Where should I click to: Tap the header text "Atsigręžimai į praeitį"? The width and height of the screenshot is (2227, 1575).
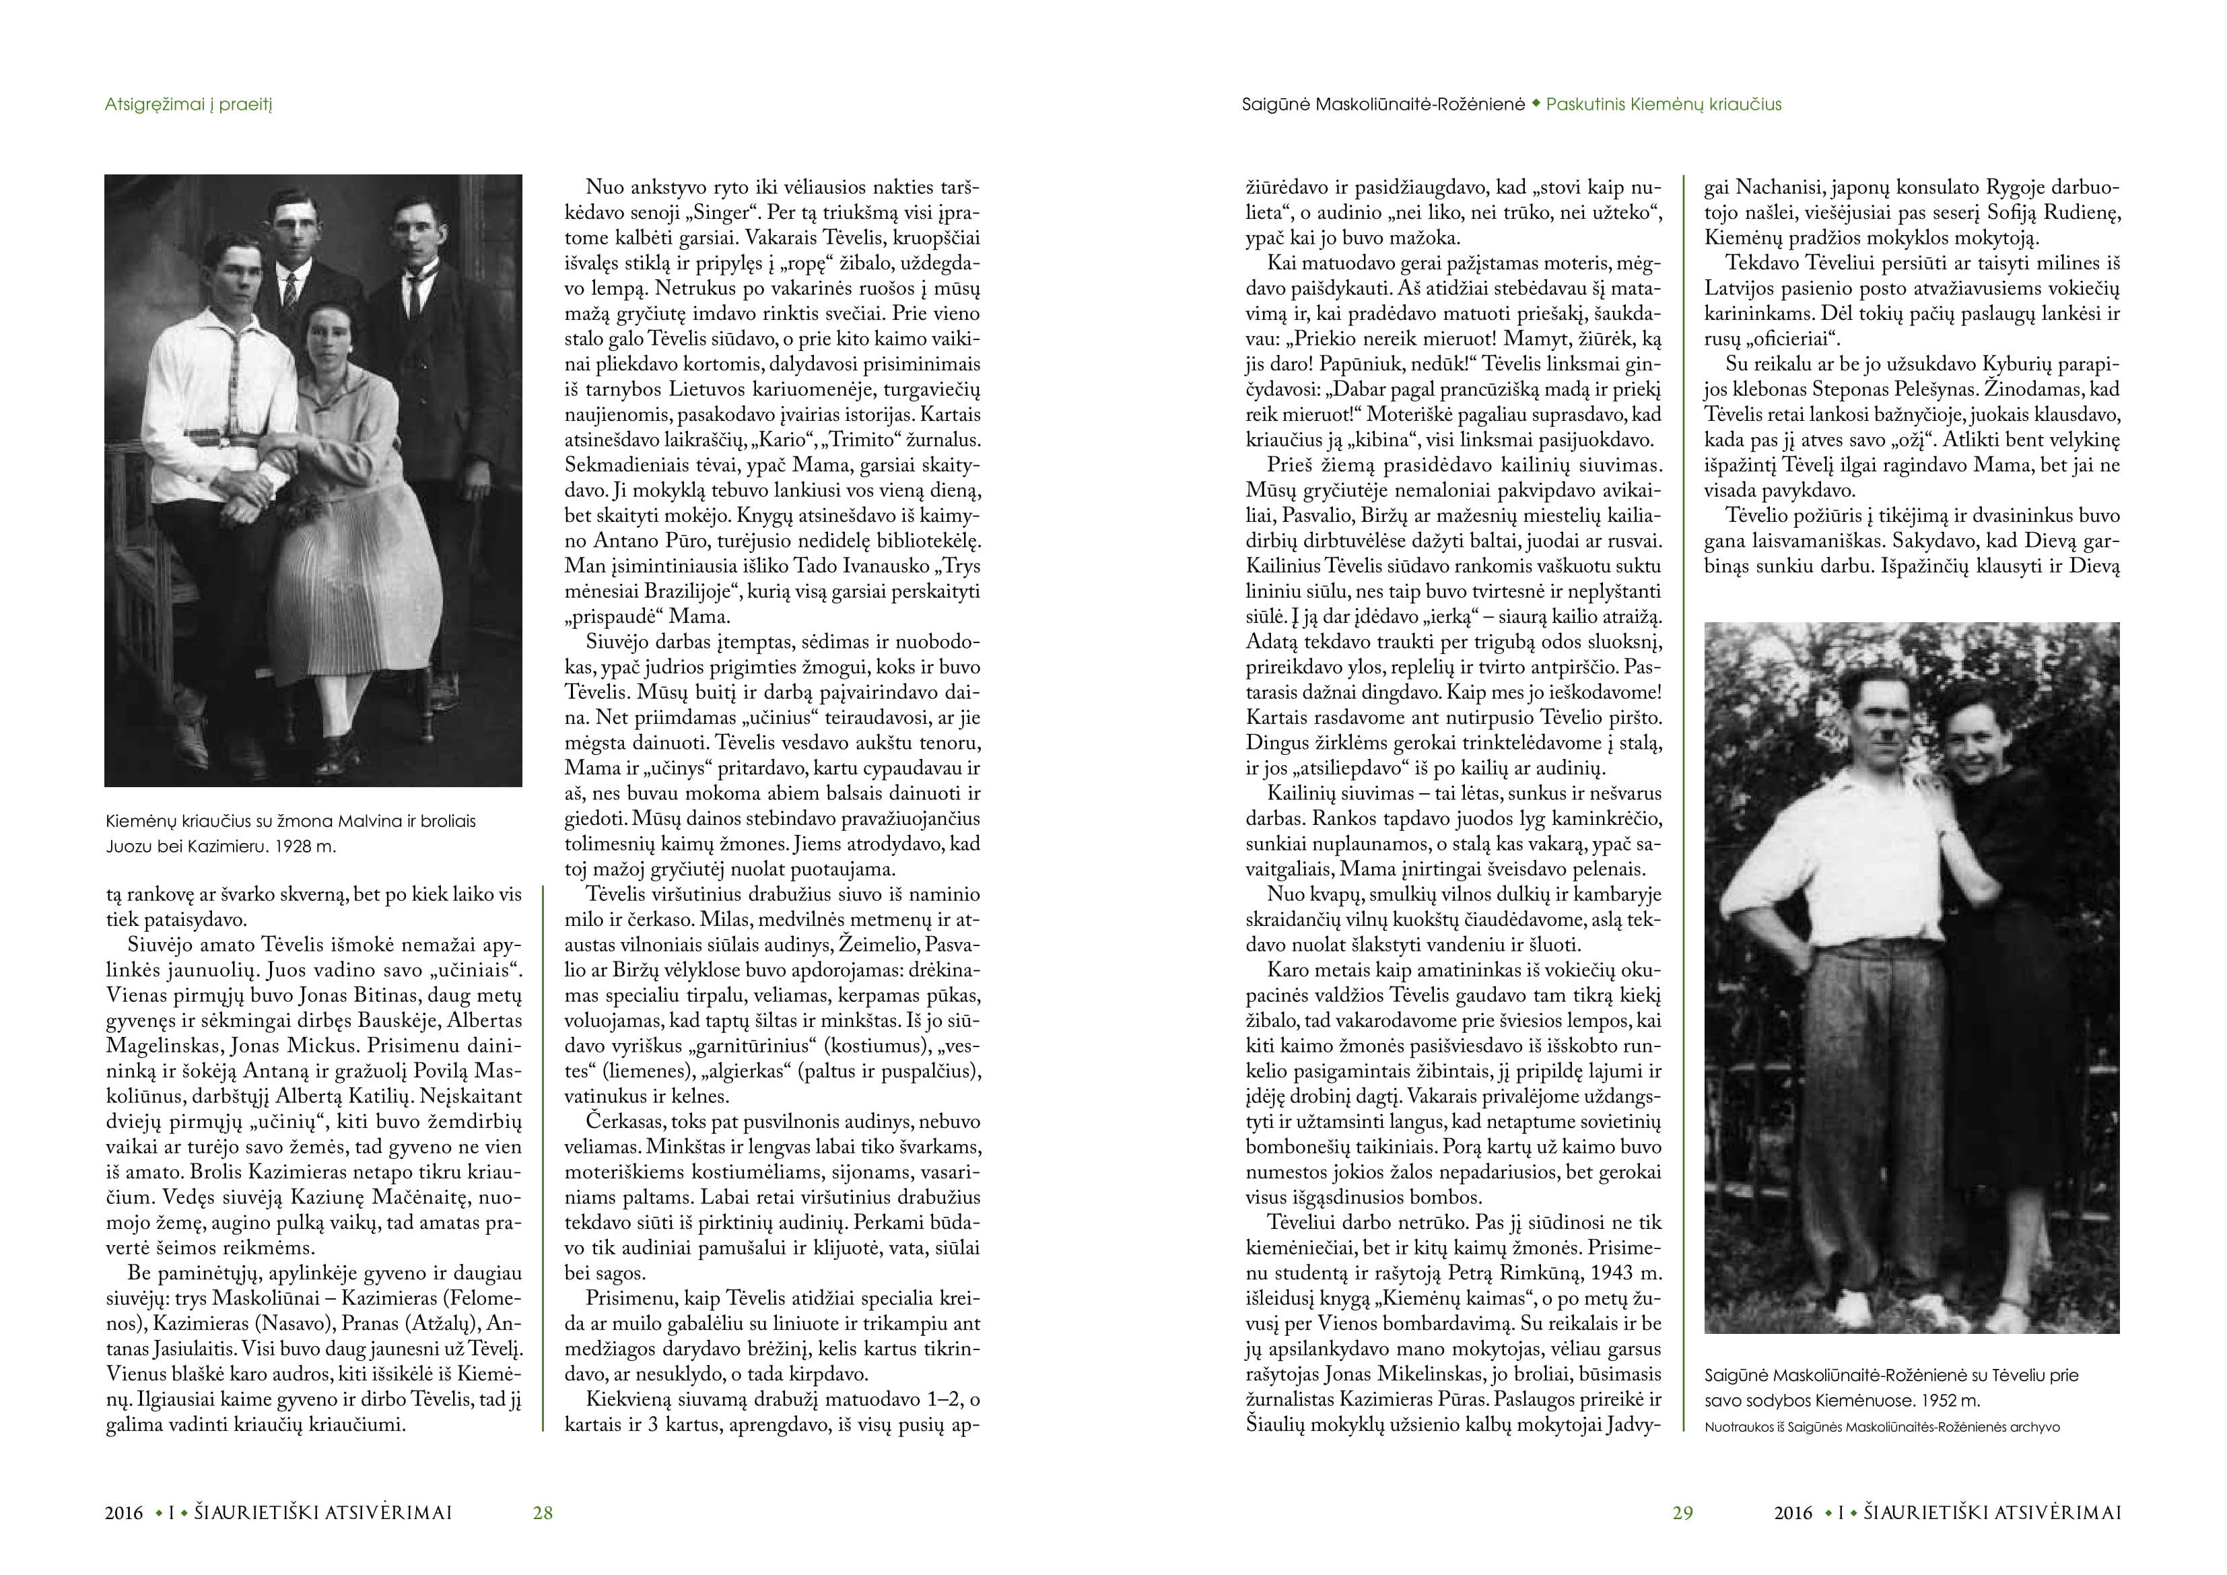point(189,105)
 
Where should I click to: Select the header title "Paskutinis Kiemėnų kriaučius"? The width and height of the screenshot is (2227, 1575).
point(1664,105)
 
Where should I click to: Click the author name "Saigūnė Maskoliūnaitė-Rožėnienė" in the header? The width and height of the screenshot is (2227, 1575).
point(1384,105)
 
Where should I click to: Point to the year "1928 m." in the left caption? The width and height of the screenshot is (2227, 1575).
point(306,846)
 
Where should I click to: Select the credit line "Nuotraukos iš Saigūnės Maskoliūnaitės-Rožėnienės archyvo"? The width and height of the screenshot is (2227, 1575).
point(1882,1427)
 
